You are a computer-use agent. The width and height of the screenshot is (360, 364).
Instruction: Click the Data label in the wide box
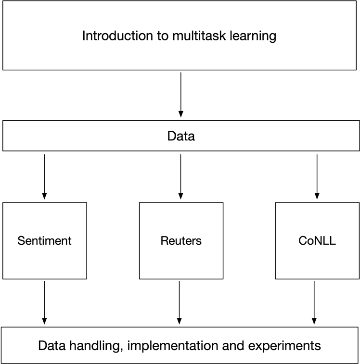181,137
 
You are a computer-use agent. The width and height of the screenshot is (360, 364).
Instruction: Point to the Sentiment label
44,240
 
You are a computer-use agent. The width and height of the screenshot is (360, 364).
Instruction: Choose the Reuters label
181,240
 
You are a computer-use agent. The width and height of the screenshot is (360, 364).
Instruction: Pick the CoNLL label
317,240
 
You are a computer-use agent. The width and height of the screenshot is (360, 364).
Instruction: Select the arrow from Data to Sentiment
44,176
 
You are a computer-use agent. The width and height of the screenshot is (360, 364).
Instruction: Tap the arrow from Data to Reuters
181,176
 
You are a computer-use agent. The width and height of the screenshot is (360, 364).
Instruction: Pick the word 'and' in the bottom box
230,345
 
